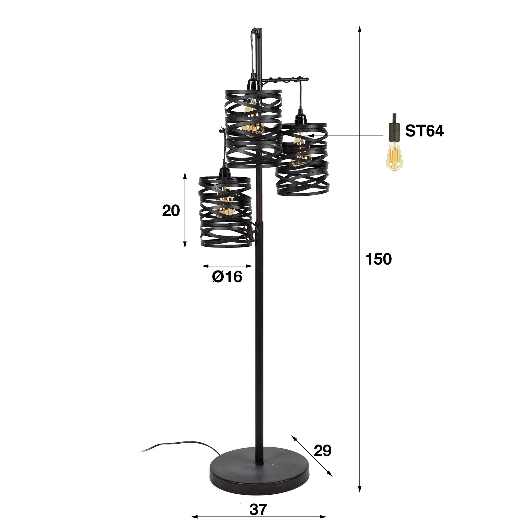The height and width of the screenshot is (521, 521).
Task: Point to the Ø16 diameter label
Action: pyautogui.click(x=227, y=277)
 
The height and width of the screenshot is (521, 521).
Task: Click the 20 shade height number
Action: pyautogui.click(x=171, y=211)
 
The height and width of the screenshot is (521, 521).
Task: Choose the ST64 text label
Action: pyautogui.click(x=424, y=131)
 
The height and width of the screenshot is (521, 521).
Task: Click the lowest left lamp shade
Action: pyautogui.click(x=225, y=212)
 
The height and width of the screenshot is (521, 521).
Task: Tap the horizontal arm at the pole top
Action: pyautogui.click(x=285, y=80)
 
